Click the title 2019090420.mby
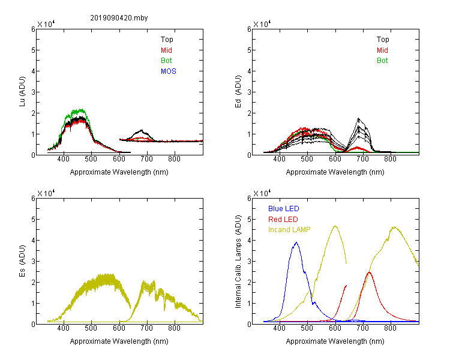tap(119, 18)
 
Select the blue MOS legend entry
tap(169, 71)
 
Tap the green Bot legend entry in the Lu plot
tap(166, 61)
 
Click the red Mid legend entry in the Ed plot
tap(382, 50)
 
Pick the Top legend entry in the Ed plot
tap(383, 40)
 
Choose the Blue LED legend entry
tap(284, 209)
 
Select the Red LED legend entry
tap(283, 220)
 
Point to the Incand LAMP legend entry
tap(289, 230)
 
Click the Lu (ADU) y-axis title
tap(22, 92)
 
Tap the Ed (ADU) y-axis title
tap(238, 92)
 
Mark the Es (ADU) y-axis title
tap(22, 261)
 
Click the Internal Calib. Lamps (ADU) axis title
tap(238, 262)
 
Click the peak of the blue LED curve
tap(296, 242)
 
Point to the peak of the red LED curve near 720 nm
tap(370, 272)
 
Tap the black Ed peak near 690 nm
tap(358, 118)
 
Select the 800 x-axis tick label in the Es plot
tap(174, 328)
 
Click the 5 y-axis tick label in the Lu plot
tap(33, 50)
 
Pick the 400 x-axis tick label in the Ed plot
tap(279, 159)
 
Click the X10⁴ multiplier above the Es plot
tap(46, 193)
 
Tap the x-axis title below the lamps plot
tap(335, 341)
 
